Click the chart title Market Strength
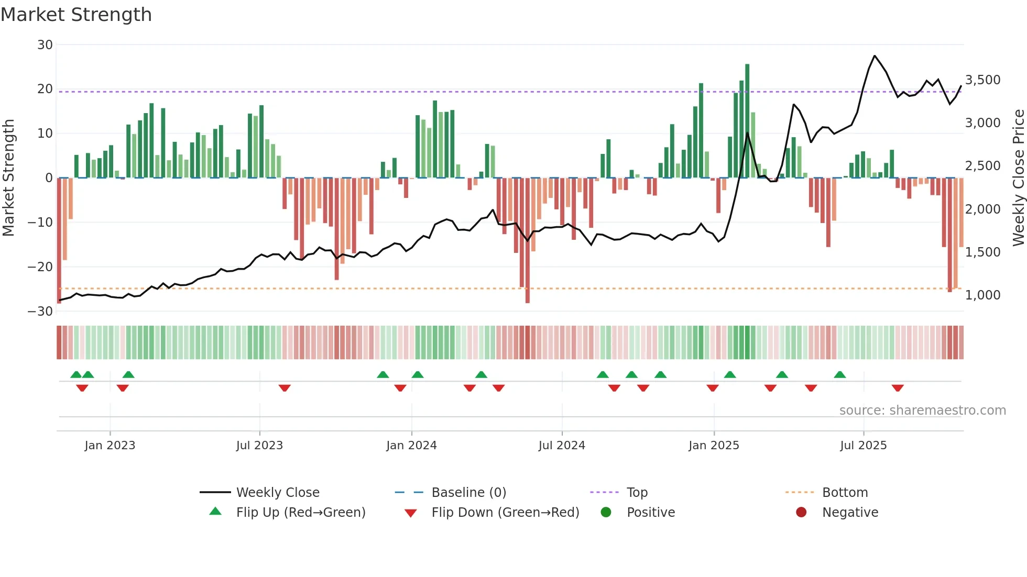(x=76, y=15)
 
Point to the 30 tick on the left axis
(x=45, y=45)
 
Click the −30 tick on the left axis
(x=40, y=312)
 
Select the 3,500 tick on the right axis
(x=982, y=80)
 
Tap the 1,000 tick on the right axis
(x=982, y=295)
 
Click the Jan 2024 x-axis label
(x=411, y=446)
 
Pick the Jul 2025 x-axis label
(x=863, y=446)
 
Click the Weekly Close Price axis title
(x=1018, y=178)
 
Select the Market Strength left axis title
(x=9, y=178)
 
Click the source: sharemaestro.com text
(x=922, y=410)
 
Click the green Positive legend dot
(x=606, y=513)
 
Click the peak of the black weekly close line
(x=875, y=56)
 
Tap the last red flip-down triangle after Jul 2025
(x=898, y=389)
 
